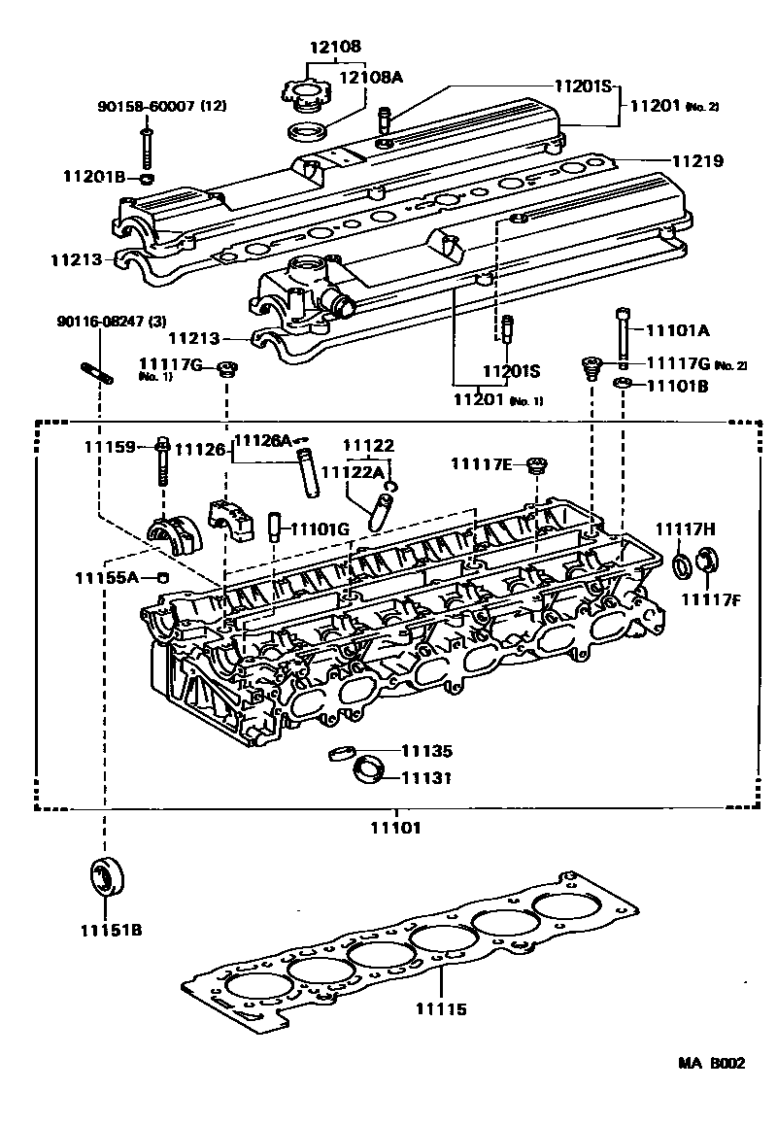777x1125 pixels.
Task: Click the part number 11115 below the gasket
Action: [x=438, y=1009]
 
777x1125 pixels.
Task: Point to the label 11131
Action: [x=429, y=777]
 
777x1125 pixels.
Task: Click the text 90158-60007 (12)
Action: [x=161, y=106]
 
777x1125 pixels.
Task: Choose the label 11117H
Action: [x=685, y=528]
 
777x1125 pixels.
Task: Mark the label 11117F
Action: [x=710, y=597]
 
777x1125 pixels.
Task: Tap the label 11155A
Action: [x=107, y=578]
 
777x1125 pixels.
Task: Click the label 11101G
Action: [x=321, y=529]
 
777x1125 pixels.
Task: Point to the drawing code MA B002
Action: [x=712, y=1062]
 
